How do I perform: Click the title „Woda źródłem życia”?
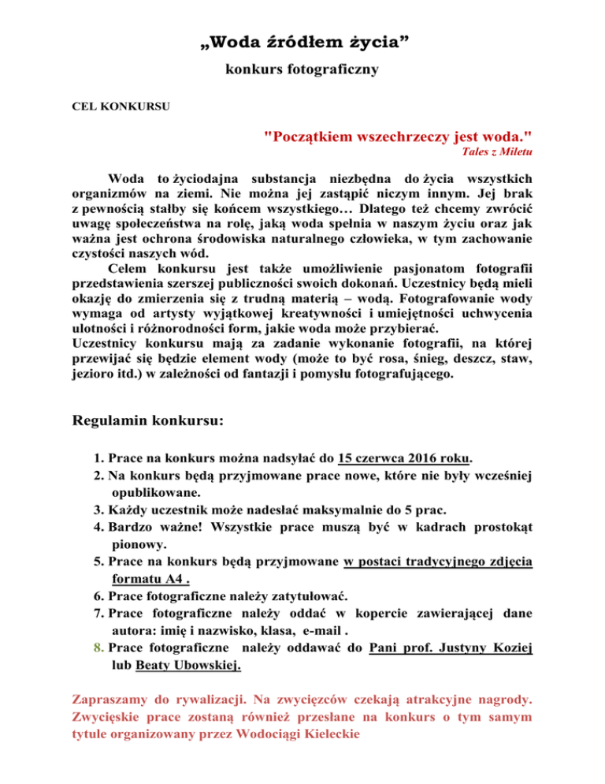(302, 41)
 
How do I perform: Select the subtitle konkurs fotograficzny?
(302, 70)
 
